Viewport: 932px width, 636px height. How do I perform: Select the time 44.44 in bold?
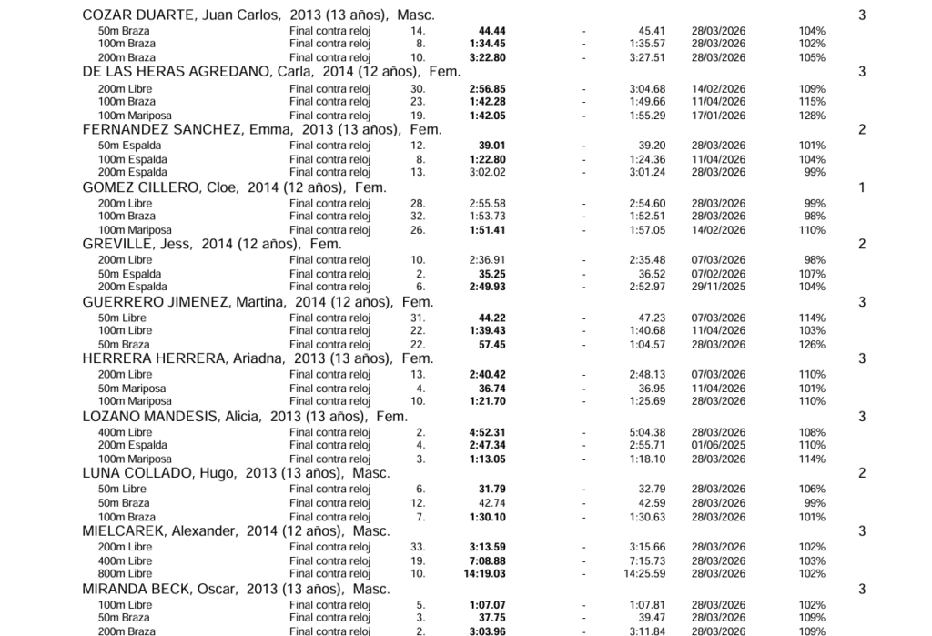(x=491, y=31)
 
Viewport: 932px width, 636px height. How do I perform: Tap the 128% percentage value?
(x=812, y=116)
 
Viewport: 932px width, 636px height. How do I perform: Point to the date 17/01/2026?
(x=718, y=116)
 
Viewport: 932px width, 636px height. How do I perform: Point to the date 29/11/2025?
(x=718, y=287)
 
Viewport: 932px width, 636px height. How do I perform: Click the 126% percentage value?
(x=812, y=345)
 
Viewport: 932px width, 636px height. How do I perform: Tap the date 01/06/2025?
(x=718, y=445)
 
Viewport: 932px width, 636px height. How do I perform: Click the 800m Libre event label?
(x=125, y=574)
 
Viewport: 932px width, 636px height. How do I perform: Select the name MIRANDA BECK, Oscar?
(x=154, y=589)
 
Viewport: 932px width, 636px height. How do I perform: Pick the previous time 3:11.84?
(x=647, y=631)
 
